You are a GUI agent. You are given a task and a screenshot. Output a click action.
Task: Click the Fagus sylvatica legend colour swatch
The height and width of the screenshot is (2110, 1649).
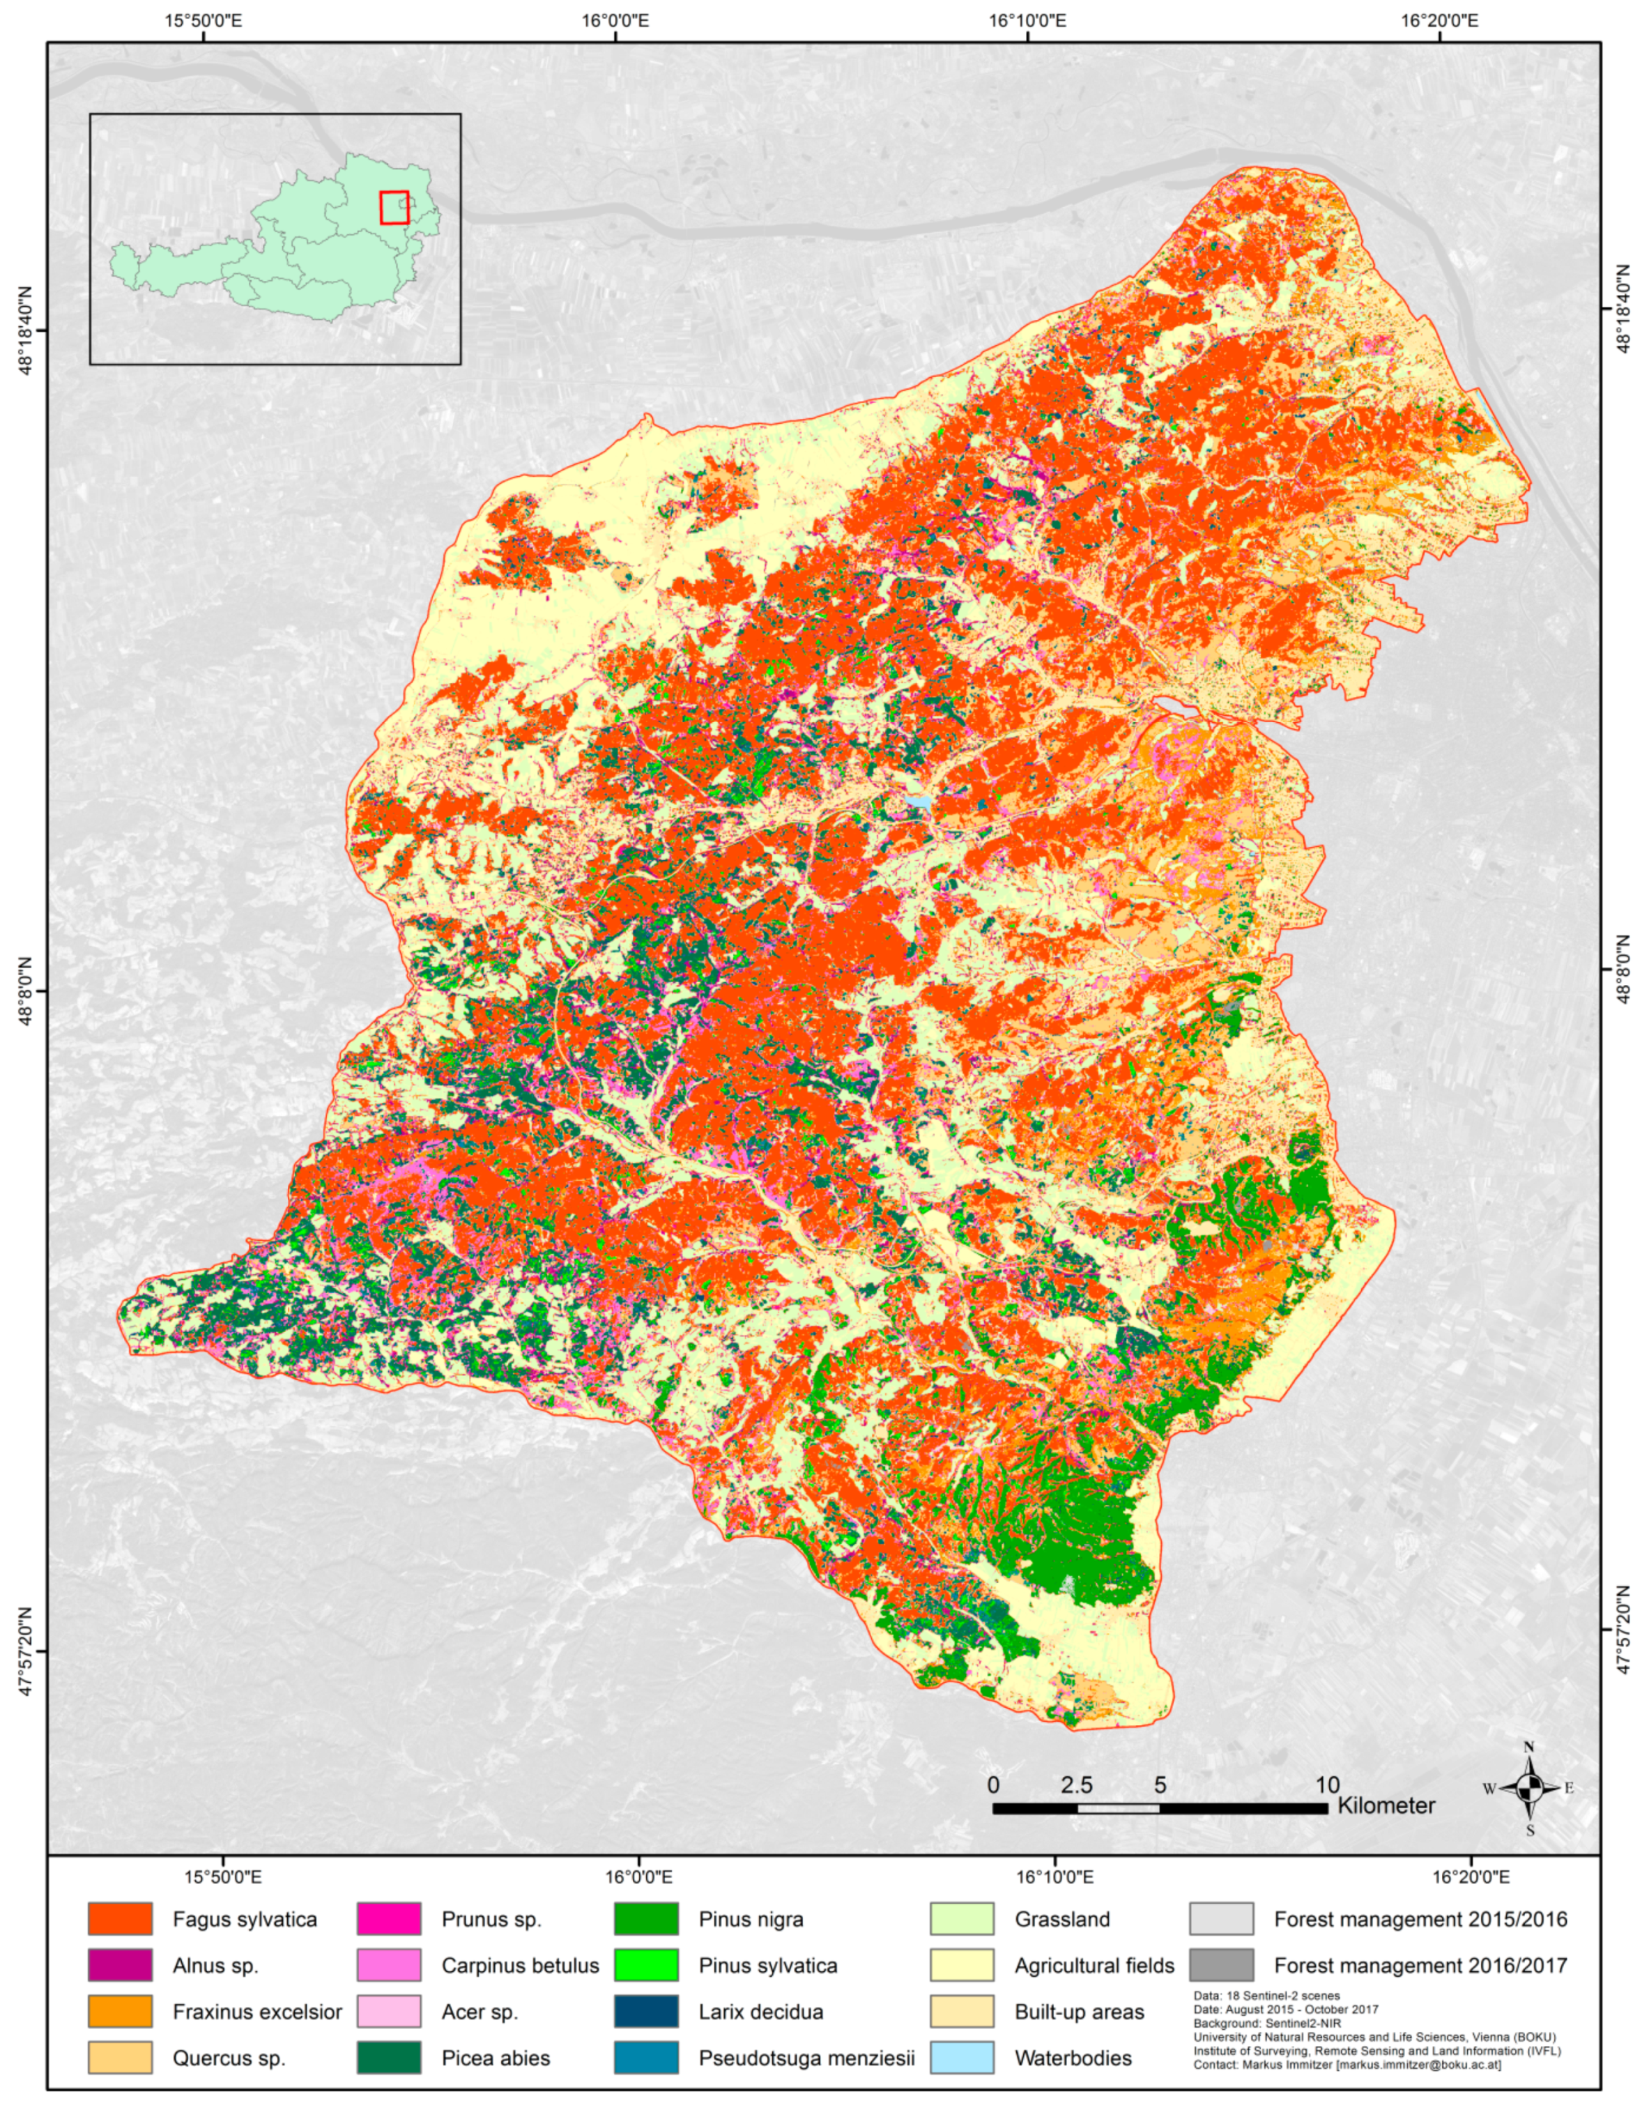tap(120, 1919)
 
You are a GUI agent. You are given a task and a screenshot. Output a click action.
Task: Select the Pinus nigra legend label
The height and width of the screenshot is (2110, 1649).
tap(751, 1919)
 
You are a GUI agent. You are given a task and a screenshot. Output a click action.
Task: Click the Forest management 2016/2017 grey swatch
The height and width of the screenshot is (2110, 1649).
tap(1221, 1965)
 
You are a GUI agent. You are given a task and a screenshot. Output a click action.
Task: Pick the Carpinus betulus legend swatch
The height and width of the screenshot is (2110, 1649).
tap(388, 1965)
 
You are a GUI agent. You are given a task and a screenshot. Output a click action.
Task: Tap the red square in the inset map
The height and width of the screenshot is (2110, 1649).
tap(394, 208)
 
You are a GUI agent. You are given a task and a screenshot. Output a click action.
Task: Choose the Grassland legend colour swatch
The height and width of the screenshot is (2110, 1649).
tap(962, 1919)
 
